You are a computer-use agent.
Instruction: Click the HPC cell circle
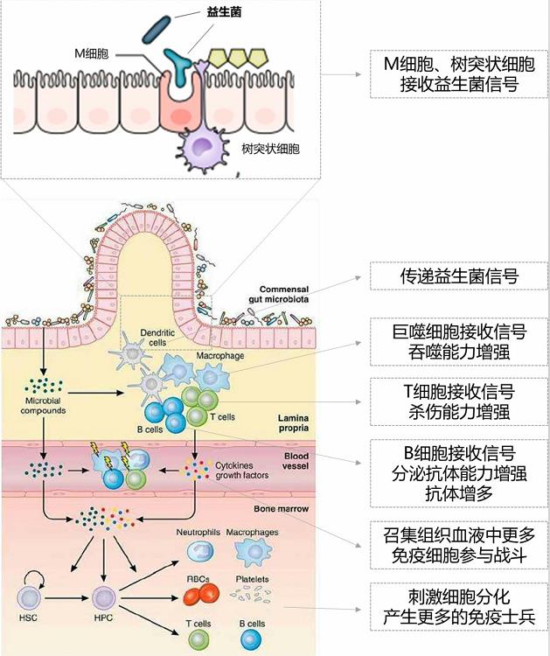pos(104,599)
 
